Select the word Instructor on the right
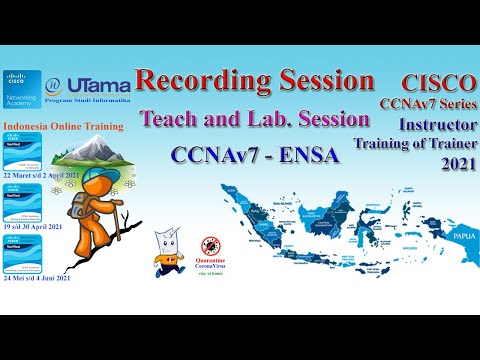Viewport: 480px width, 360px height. [435, 123]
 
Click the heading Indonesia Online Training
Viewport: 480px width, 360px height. [64, 127]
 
